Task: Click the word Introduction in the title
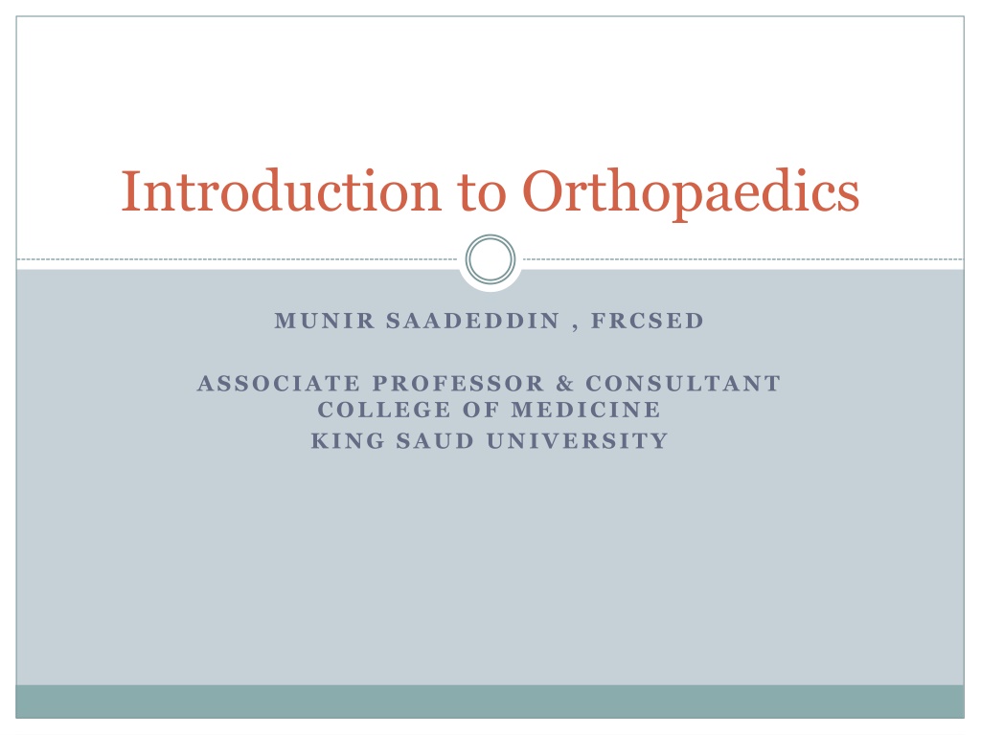(281, 191)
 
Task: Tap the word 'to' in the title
(482, 193)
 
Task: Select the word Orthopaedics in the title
(691, 193)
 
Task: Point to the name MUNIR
(324, 321)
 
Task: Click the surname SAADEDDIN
(473, 321)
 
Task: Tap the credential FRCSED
(648, 321)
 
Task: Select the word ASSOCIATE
(279, 383)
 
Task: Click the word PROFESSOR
(458, 383)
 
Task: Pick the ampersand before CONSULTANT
(565, 383)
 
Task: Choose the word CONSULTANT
(683, 383)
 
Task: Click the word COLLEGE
(384, 410)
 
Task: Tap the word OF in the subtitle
(481, 410)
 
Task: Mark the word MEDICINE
(585, 410)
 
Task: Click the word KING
(348, 441)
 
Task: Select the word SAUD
(436, 441)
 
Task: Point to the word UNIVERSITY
(578, 441)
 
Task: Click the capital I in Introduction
(130, 191)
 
